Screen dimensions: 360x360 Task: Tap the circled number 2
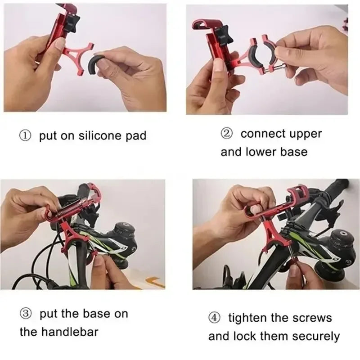click(x=226, y=134)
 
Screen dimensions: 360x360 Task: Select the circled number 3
click(x=26, y=314)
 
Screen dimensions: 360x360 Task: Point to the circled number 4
click(x=215, y=318)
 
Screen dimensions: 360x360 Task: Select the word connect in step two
click(x=264, y=134)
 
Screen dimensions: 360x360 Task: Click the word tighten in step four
click(x=249, y=318)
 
